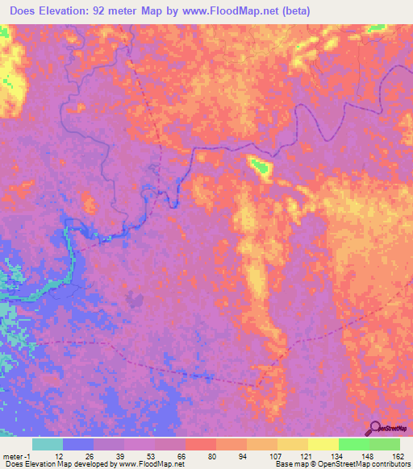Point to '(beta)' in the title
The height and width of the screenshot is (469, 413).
(298, 11)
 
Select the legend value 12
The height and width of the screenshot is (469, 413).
(58, 455)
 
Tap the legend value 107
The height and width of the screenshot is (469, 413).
(274, 455)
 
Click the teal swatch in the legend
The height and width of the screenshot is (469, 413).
(48, 444)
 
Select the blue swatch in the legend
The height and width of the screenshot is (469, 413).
(78, 444)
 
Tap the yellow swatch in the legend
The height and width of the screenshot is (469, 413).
(323, 444)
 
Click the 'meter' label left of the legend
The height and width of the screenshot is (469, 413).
(13, 455)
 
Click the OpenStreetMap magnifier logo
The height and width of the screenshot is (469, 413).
(374, 430)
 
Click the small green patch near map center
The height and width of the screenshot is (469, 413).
(260, 167)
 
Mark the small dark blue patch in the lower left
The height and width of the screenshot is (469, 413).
(135, 300)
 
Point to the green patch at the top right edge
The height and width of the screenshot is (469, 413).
(374, 28)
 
